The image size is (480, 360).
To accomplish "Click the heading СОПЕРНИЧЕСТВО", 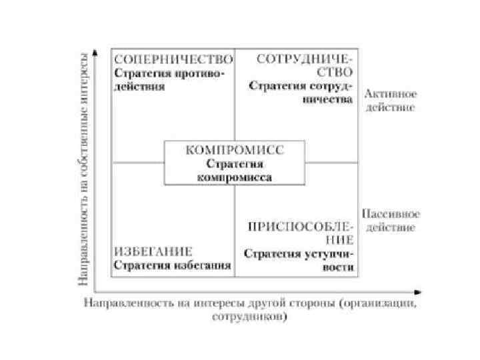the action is click(x=173, y=59).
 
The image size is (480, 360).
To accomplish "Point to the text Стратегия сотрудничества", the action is click(x=301, y=93).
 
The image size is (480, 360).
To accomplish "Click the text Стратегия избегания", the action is click(x=172, y=265).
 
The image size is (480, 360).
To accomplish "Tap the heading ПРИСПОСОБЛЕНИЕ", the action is click(x=300, y=231).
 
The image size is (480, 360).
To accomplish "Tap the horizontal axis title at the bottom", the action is click(x=251, y=310).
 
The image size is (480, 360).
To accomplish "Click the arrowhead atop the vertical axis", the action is click(x=96, y=51).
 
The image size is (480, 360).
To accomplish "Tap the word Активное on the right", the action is click(x=389, y=94).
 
